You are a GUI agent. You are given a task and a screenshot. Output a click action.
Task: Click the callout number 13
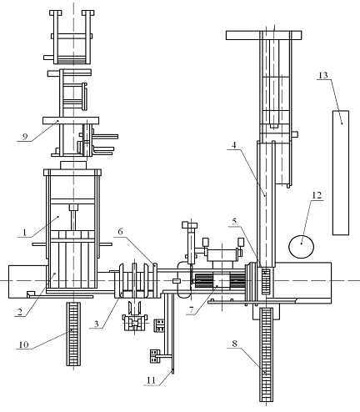(323, 75)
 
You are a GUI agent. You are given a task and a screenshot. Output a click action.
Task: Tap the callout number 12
(317, 195)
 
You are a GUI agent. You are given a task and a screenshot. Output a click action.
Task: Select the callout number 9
(25, 137)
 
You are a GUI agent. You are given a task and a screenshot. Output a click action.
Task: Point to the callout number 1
(25, 232)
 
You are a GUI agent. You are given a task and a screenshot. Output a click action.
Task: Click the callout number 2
(19, 312)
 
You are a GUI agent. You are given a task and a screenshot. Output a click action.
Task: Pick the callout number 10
(23, 344)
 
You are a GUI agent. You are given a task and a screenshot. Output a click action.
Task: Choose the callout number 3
(96, 324)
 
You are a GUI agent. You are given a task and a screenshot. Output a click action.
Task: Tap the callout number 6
(120, 231)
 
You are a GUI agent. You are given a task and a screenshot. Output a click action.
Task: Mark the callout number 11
(151, 380)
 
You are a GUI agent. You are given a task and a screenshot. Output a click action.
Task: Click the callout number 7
(190, 309)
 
